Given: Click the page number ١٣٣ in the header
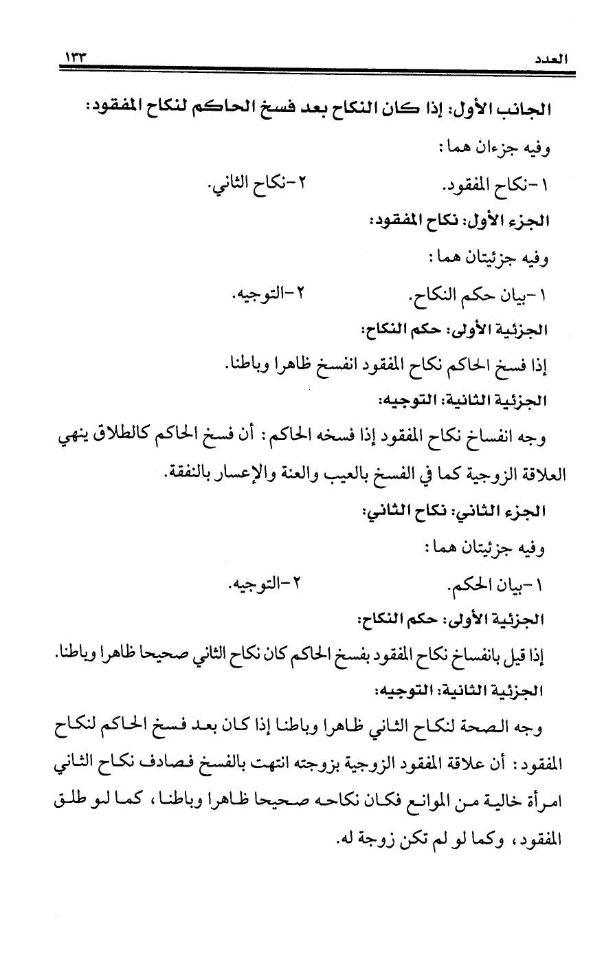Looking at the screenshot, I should (x=78, y=56).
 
